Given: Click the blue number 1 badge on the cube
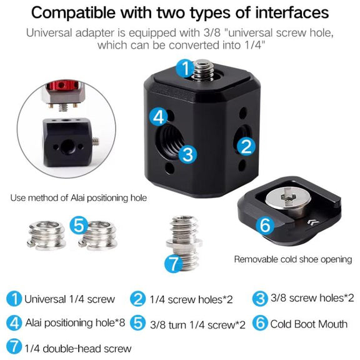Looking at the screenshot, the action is coord(185,67).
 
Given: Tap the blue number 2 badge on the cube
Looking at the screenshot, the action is coord(246,146).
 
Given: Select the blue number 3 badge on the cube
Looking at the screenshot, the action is coord(187,154).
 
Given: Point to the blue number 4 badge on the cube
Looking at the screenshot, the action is coord(159,117).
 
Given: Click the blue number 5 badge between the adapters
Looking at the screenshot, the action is coord(79,225).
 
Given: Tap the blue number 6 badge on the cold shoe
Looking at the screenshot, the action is coord(265,226).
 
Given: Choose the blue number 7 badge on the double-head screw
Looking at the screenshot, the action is coord(174,263).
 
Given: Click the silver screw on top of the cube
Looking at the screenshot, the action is coord(203,70).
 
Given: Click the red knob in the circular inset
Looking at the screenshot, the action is coord(62,85).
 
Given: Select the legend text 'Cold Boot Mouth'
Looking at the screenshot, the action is coord(309,324).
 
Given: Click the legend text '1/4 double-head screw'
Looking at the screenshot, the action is coord(78,349).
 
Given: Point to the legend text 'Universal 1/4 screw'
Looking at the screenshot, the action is coord(69,299).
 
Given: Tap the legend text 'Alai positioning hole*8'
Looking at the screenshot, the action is coord(75,322).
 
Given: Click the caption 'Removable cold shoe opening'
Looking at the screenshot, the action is coord(293,259).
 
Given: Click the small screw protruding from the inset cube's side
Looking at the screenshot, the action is coord(96,141).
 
